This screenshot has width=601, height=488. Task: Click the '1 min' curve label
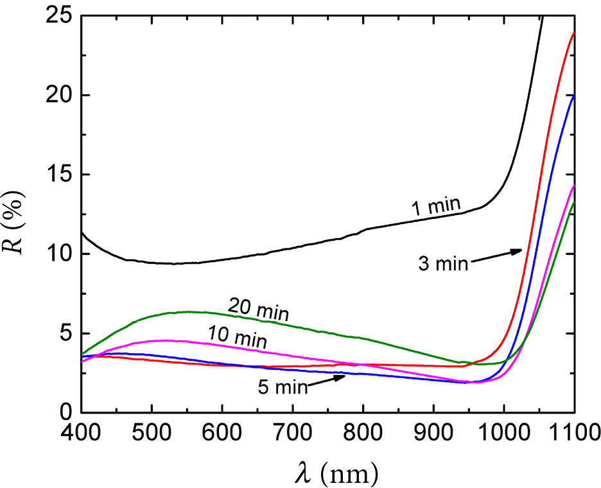[x=436, y=207]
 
